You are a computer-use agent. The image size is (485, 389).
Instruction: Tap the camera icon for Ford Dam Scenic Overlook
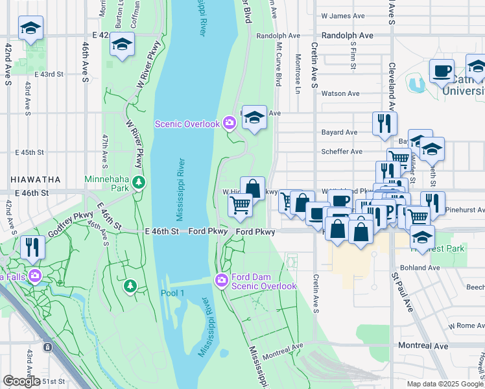coord(221,280)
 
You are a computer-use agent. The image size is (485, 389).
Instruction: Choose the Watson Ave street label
coord(340,93)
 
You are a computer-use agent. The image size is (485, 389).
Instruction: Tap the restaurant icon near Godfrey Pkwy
coord(30,246)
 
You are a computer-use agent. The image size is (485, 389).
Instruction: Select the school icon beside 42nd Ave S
coord(30,28)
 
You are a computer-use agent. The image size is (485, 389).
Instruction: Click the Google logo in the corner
coord(21,381)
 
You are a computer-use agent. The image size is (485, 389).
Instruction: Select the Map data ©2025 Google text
coord(445,384)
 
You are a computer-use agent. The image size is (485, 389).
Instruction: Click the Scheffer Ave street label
coord(342,152)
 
